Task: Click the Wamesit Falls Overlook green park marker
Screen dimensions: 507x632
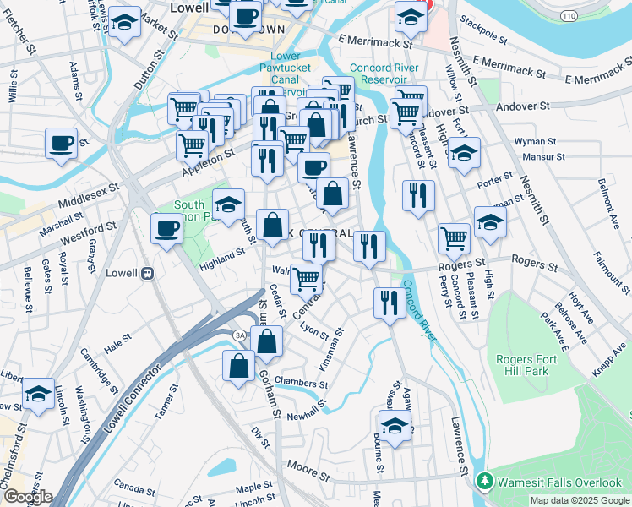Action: pos(485,482)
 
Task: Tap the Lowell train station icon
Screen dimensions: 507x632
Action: pos(148,274)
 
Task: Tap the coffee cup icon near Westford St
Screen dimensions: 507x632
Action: pos(166,228)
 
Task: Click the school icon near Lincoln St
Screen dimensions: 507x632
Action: pos(38,394)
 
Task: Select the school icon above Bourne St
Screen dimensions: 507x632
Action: pos(394,426)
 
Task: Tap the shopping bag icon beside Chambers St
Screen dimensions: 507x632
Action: pos(239,366)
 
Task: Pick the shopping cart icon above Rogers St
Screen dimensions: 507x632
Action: pos(455,239)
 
